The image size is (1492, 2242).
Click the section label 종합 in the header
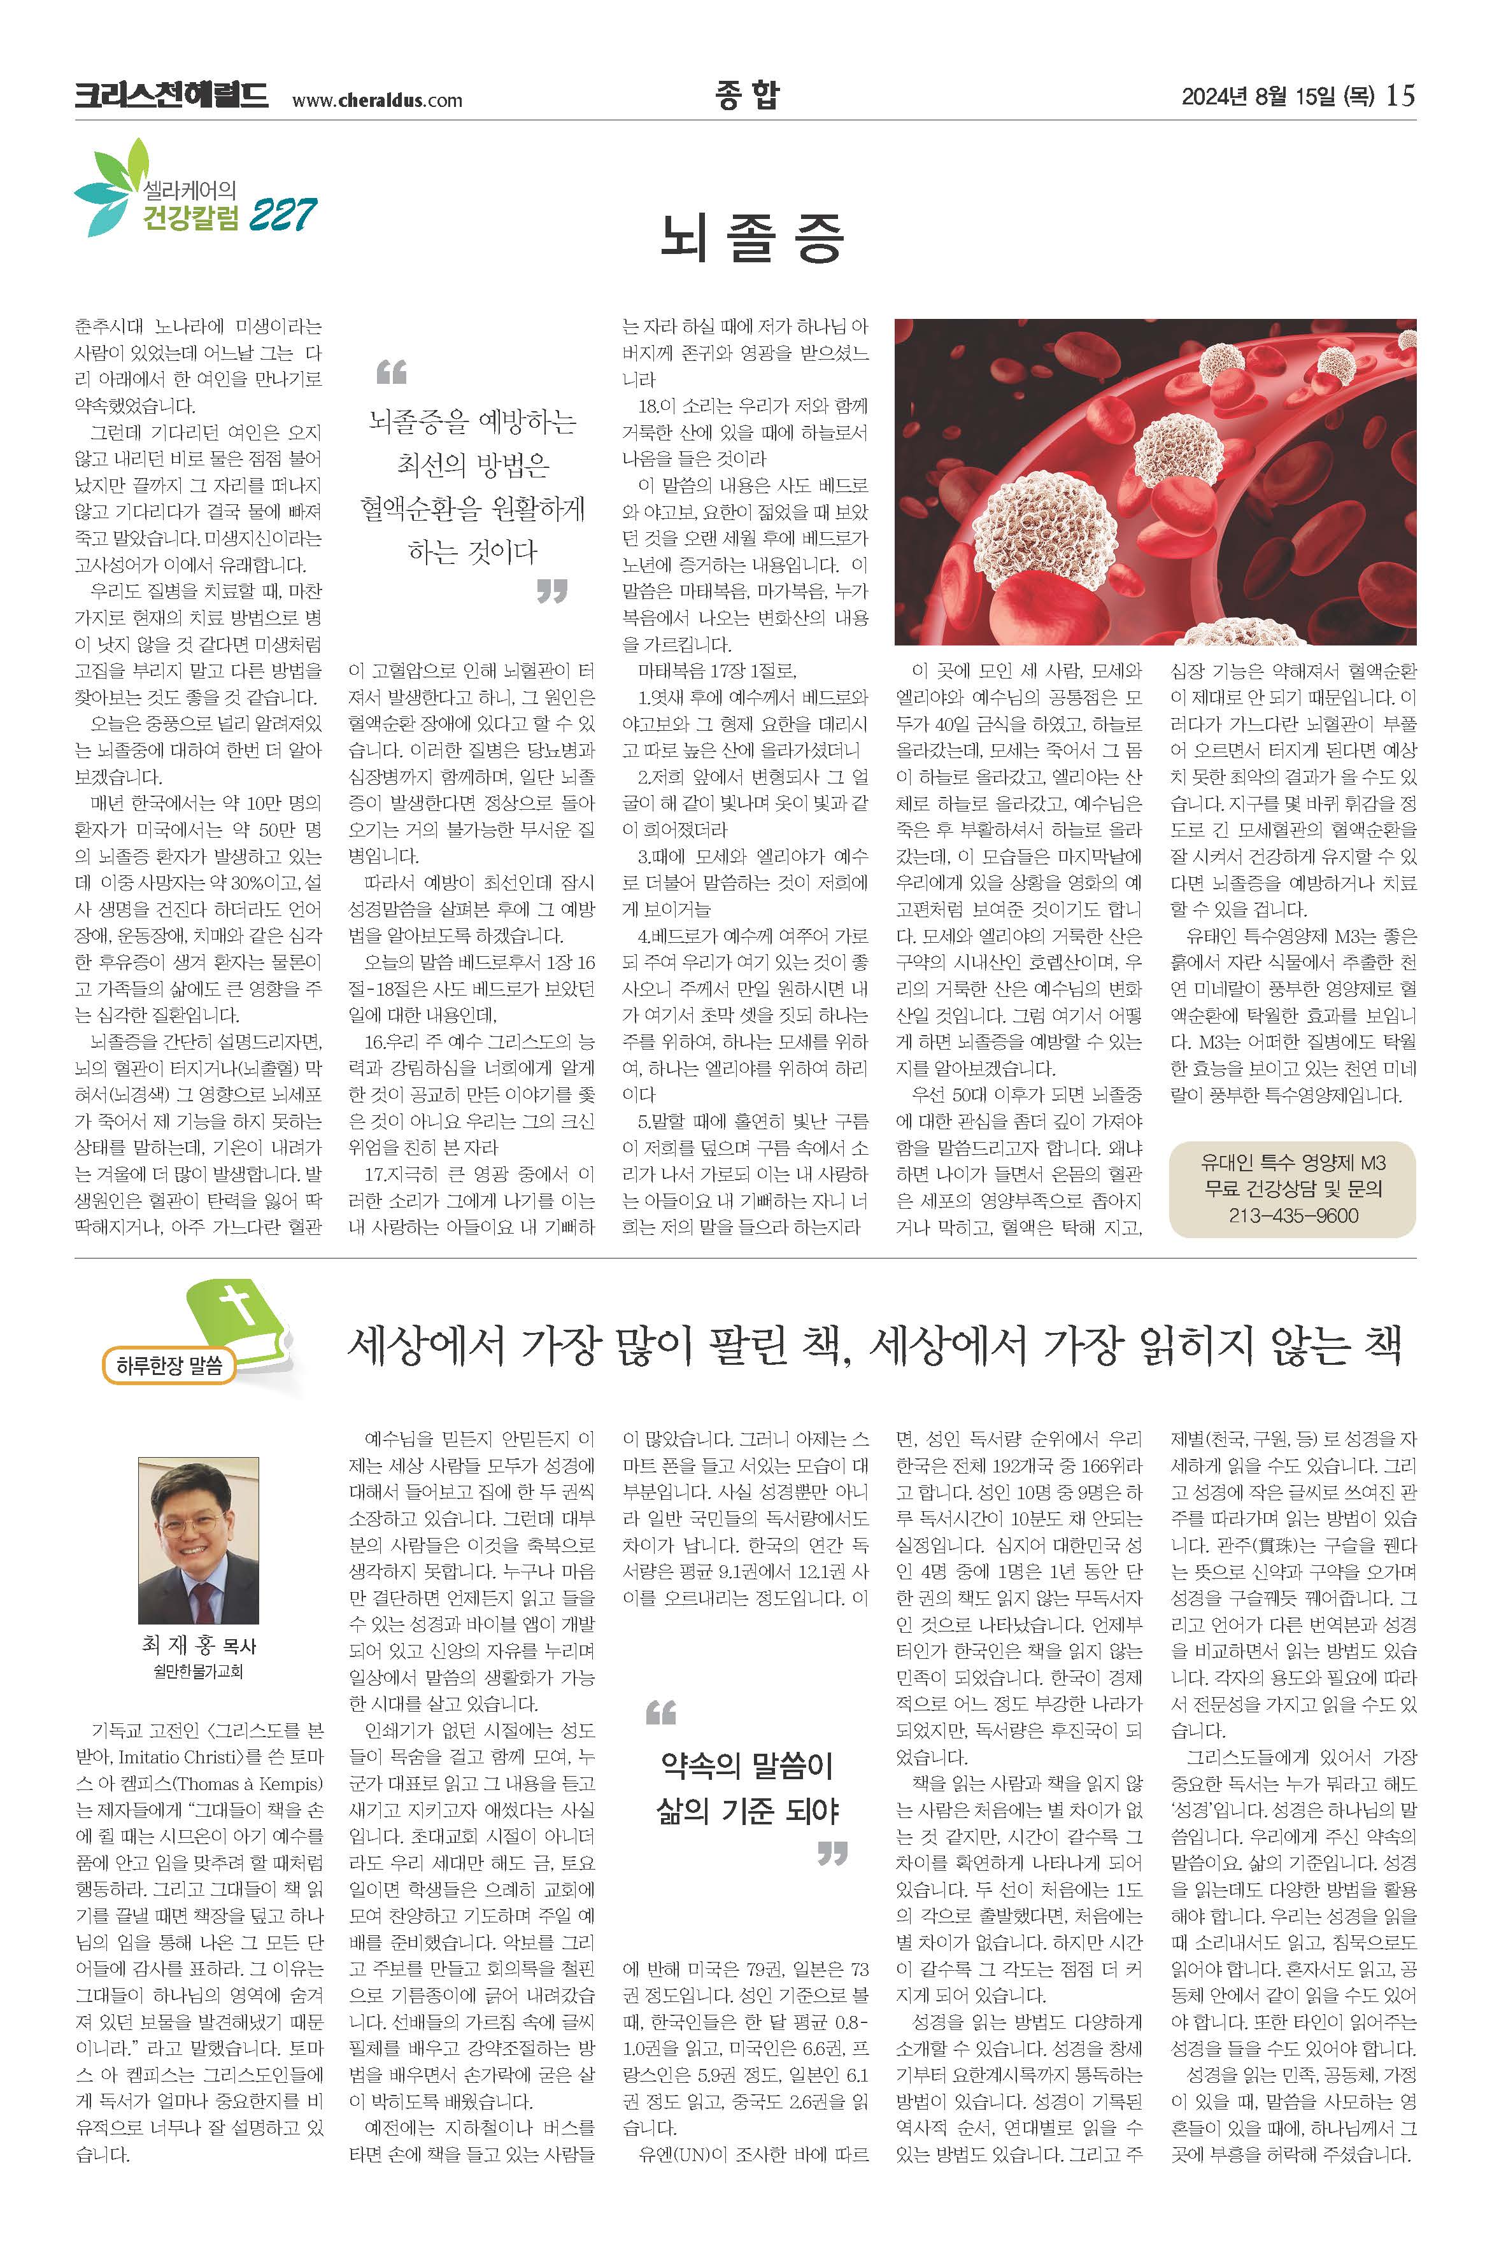(x=747, y=94)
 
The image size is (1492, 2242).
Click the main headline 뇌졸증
(x=751, y=238)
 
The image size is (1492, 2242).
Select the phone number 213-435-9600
(x=1292, y=1216)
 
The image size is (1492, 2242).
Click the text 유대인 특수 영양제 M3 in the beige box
(x=1292, y=1162)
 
